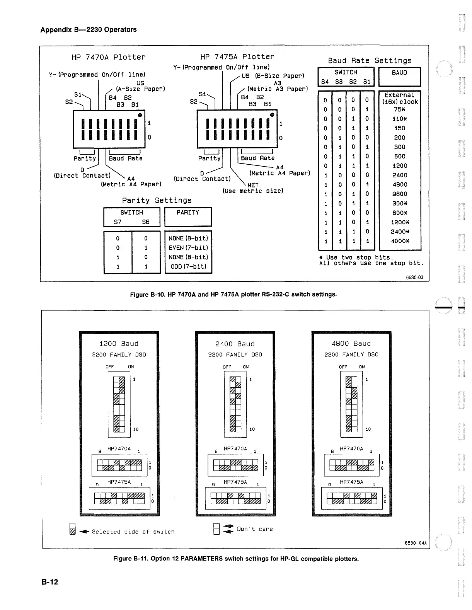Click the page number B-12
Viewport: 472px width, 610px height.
[50, 582]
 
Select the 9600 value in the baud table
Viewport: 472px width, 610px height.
[399, 194]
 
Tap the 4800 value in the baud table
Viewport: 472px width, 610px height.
[399, 185]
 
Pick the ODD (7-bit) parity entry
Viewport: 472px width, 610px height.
[188, 266]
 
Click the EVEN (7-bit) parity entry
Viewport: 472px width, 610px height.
[188, 248]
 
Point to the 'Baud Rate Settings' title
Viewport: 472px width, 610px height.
[370, 61]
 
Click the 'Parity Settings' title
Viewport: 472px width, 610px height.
[157, 200]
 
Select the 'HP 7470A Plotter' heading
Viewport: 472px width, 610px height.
[108, 57]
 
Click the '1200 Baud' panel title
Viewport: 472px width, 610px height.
[119, 344]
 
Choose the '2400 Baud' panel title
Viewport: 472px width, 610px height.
[235, 344]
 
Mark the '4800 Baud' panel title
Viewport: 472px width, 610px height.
[351, 344]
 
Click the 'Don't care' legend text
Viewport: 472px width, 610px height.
[255, 529]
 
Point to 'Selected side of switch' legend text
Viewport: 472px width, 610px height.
[133, 532]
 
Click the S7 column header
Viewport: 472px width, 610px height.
[118, 222]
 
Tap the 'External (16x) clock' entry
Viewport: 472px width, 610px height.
[400, 98]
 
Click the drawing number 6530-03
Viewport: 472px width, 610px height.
[414, 277]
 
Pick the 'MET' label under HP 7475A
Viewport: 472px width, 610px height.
[252, 185]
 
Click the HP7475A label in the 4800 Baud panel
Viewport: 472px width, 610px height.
[351, 482]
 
